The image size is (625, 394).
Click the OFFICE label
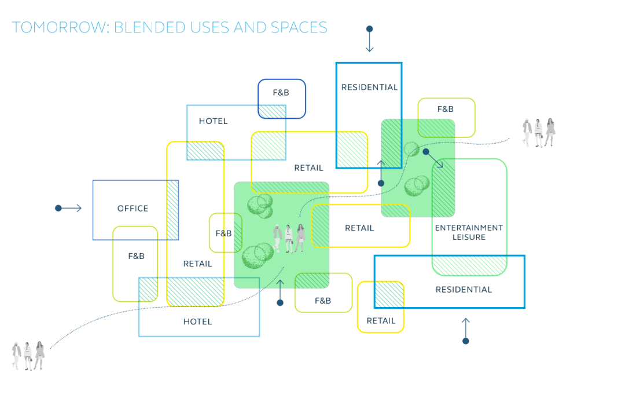point(133,209)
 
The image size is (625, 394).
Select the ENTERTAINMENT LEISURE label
point(469,232)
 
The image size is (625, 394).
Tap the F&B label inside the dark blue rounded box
point(281,93)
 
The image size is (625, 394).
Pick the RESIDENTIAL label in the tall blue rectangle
point(369,87)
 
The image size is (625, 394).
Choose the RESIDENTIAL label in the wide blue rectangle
point(464,290)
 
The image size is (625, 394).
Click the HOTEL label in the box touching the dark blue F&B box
point(213,121)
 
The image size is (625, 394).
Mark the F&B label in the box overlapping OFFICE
point(136,256)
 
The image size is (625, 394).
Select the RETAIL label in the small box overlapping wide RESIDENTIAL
point(381,321)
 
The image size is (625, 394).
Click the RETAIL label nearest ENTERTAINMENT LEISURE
point(359,228)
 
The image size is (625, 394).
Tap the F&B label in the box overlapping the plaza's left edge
point(223,234)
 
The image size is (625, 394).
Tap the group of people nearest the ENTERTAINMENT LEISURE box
point(539,133)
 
